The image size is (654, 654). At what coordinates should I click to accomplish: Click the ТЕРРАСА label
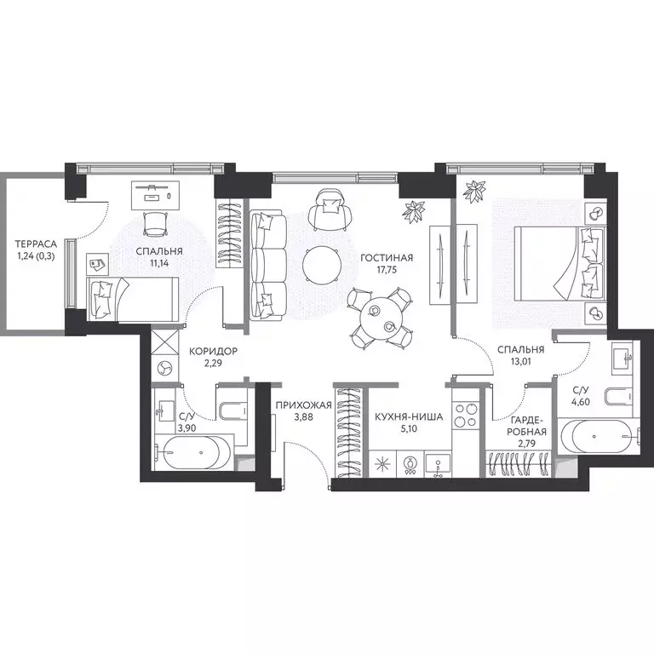pyautogui.click(x=36, y=244)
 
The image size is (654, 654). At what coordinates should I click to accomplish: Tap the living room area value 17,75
pyautogui.click(x=387, y=270)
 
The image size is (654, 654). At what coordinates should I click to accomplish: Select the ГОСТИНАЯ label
pyautogui.click(x=387, y=258)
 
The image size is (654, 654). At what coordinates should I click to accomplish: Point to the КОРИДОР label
pyautogui.click(x=213, y=351)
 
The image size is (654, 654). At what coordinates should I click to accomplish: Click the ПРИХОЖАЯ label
pyautogui.click(x=304, y=404)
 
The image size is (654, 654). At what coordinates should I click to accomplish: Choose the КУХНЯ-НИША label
pyautogui.click(x=409, y=416)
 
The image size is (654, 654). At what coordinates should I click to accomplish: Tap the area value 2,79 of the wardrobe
pyautogui.click(x=527, y=444)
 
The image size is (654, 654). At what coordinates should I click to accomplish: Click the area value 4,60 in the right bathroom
pyautogui.click(x=581, y=402)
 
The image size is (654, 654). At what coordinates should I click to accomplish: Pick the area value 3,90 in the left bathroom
pyautogui.click(x=186, y=428)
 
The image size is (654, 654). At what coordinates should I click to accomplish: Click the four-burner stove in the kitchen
pyautogui.click(x=466, y=414)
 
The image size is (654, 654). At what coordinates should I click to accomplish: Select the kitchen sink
pyautogui.click(x=438, y=464)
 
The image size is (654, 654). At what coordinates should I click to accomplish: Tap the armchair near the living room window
pyautogui.click(x=331, y=209)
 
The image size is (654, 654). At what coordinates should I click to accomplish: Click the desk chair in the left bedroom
pyautogui.click(x=155, y=224)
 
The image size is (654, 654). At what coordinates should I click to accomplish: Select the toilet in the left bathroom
pyautogui.click(x=232, y=410)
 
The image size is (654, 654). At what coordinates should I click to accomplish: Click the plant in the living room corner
pyautogui.click(x=413, y=211)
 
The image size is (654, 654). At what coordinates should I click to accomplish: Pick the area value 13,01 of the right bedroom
pyautogui.click(x=520, y=362)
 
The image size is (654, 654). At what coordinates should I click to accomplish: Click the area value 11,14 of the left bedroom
pyautogui.click(x=159, y=263)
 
